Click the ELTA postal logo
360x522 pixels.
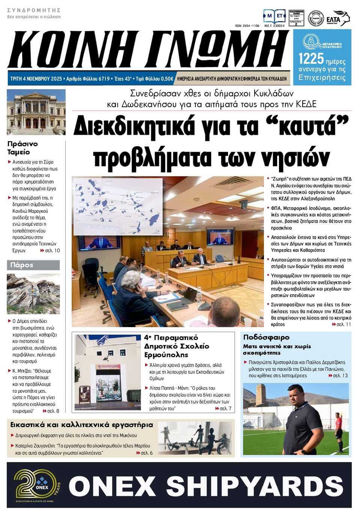click(x=337, y=18)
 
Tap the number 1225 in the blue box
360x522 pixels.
click(x=311, y=58)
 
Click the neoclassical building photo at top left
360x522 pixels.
click(x=36, y=112)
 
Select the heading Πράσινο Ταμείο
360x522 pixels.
click(x=22, y=148)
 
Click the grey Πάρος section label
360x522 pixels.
click(x=33, y=265)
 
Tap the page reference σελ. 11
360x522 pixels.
click(x=343, y=324)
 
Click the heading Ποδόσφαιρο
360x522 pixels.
click(x=266, y=337)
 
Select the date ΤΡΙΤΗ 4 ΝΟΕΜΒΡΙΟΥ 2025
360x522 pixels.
click(x=36, y=79)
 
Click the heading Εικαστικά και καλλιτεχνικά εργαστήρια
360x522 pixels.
click(x=81, y=425)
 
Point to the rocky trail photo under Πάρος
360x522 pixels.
click(x=33, y=294)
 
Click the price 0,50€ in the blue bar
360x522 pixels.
click(x=166, y=79)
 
